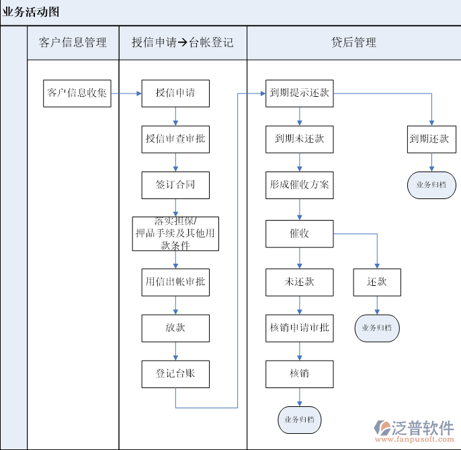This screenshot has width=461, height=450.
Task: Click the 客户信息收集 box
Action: (x=77, y=93)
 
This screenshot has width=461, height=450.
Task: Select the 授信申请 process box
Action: (x=175, y=93)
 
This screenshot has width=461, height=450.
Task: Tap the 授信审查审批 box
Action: (x=175, y=139)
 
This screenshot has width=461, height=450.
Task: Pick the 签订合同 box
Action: (x=175, y=185)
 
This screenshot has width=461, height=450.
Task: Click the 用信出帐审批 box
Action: (x=175, y=282)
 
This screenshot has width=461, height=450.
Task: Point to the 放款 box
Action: (x=175, y=328)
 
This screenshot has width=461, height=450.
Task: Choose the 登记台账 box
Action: (x=175, y=374)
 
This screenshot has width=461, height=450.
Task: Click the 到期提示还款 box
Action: (x=300, y=93)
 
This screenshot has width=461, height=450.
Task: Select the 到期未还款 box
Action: (x=300, y=139)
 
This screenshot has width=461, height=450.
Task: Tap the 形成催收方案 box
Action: (x=300, y=185)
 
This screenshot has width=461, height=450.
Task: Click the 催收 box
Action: (x=300, y=234)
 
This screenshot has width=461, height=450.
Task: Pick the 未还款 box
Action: (x=300, y=282)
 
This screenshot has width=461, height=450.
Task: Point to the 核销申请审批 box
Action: (x=300, y=328)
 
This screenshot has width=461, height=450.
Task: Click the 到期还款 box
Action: (x=429, y=139)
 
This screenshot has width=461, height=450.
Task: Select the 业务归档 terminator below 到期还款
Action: (x=431, y=184)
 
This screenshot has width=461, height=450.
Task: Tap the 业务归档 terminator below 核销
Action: (x=300, y=419)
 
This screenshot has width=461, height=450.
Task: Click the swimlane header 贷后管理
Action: (x=353, y=42)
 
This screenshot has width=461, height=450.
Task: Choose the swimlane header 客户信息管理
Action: (x=73, y=42)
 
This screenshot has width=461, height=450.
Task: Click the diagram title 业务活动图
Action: (x=31, y=12)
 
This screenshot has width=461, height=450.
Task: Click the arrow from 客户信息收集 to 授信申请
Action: (x=126, y=93)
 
